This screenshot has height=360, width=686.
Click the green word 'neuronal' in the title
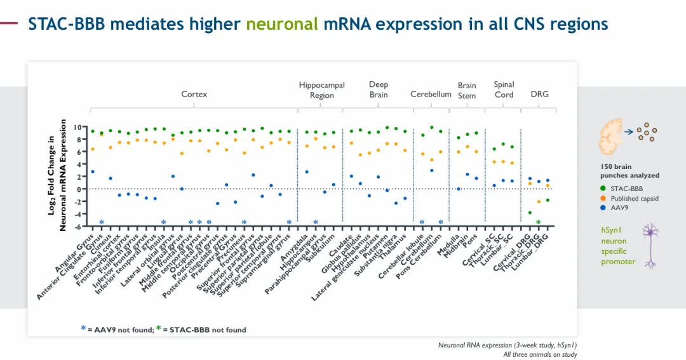(281, 24)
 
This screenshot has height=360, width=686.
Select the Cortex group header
(194, 95)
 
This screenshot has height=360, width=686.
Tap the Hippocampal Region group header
(321, 90)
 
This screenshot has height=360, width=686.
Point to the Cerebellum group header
(431, 95)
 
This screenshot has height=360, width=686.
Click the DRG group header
(539, 95)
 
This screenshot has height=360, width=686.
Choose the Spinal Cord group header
(504, 90)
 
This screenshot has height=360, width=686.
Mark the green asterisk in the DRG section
(539, 222)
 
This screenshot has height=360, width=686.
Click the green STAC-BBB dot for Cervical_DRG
(530, 213)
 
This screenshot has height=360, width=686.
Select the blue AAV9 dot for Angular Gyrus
(92, 171)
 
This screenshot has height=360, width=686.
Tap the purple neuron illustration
(649, 244)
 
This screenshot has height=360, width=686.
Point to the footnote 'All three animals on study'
(540, 354)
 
